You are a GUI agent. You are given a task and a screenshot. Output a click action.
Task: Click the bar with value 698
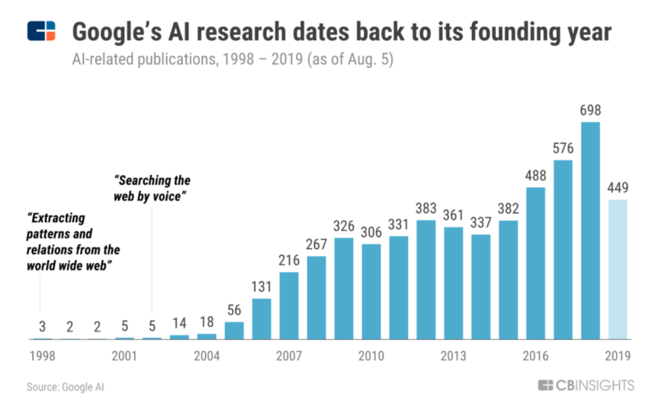point(590,230)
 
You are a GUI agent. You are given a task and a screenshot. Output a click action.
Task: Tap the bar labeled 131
point(262,319)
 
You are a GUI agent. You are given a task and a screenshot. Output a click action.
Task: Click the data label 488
point(535,176)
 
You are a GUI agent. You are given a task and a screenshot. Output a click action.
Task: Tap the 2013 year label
point(453,356)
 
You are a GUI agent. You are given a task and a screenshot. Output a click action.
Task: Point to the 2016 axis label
point(535,356)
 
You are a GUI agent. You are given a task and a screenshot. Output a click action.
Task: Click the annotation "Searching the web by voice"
point(152,188)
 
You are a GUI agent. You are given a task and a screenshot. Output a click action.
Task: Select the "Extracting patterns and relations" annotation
point(73,238)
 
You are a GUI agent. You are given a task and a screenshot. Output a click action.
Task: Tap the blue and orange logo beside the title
point(41,32)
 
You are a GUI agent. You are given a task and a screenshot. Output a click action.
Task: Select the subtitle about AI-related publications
point(233,60)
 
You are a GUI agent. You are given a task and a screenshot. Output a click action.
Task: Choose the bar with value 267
point(316,297)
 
